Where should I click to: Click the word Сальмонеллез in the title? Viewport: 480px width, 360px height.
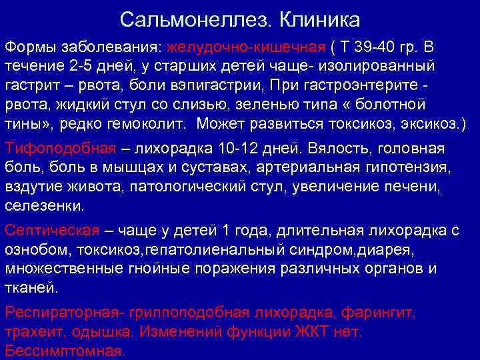[x=192, y=18]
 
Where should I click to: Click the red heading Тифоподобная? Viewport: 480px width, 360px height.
[x=51, y=149]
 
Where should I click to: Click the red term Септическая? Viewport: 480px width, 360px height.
[x=51, y=231]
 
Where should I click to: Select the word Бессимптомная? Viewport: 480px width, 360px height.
[x=64, y=351]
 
